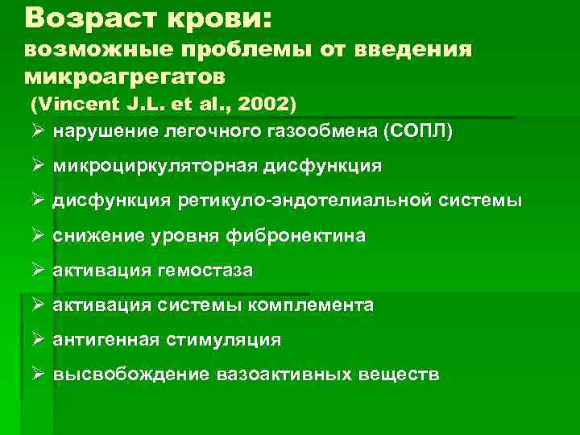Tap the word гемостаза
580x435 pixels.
pyautogui.click(x=210, y=271)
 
